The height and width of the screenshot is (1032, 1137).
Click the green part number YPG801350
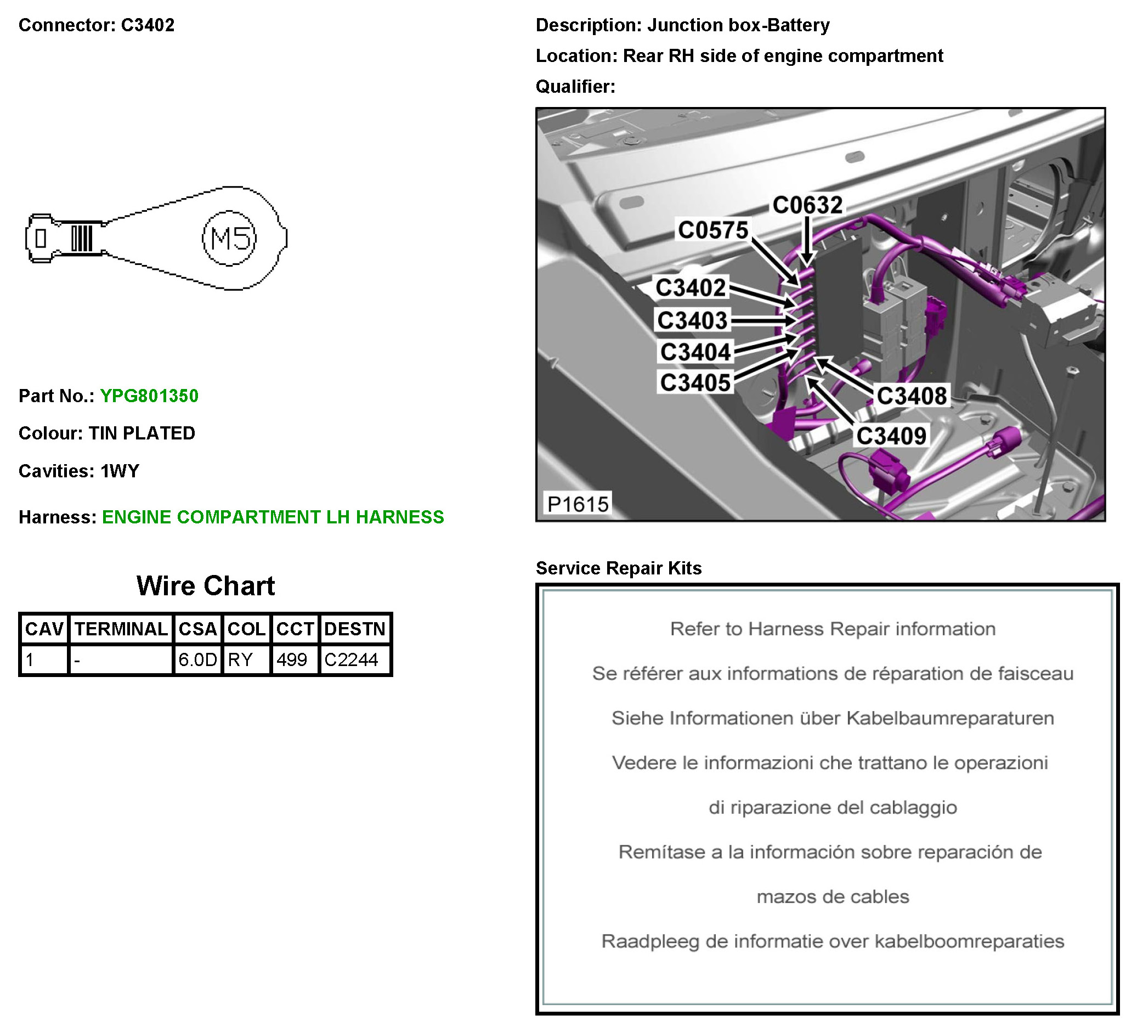pos(149,396)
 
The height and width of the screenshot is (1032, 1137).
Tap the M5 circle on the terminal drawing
pos(229,238)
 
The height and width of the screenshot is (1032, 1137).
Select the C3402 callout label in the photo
pos(691,287)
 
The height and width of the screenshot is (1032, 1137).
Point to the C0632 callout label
pos(807,205)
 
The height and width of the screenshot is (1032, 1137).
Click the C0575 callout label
pos(713,230)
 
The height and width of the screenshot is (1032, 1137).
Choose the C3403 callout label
pos(692,320)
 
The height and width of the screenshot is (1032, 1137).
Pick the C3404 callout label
pos(695,352)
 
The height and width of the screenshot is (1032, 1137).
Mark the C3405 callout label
pos(695,382)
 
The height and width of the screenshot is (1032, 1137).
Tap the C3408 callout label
pos(912,396)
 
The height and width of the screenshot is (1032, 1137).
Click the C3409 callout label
pos(891,436)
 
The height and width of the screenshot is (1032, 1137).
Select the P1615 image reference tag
pos(578,504)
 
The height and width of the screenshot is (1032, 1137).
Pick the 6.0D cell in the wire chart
pos(197,659)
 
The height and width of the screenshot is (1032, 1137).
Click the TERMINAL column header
pos(121,629)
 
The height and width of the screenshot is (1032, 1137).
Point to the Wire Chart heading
pos(205,586)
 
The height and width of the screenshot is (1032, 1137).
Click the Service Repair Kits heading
pos(618,568)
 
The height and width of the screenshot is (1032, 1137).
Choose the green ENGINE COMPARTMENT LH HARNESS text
pos(273,517)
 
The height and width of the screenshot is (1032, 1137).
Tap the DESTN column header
pos(355,629)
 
